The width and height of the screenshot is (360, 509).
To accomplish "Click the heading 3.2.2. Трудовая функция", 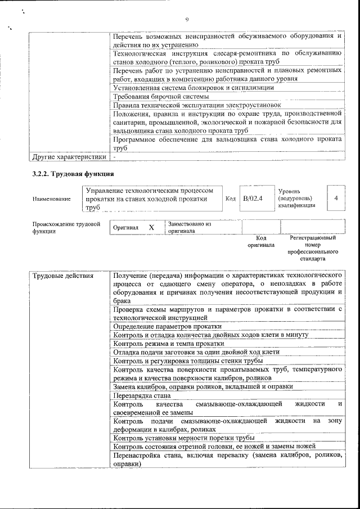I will [73, 174].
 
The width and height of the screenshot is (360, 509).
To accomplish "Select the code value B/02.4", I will [253, 199].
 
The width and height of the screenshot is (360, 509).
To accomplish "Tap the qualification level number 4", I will [336, 199].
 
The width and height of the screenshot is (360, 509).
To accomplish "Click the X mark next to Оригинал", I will [151, 227].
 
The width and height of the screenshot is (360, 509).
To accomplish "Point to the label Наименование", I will [52, 199].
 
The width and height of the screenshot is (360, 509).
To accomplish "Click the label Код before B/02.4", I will [230, 199].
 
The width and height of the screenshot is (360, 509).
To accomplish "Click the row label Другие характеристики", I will [69, 156].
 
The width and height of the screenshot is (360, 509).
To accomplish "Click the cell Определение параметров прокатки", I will [167, 326].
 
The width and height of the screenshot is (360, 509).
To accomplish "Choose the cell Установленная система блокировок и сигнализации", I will [193, 87].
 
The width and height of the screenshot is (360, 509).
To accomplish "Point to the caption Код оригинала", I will [261, 242].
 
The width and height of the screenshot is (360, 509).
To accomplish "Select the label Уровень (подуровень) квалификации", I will [296, 199].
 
